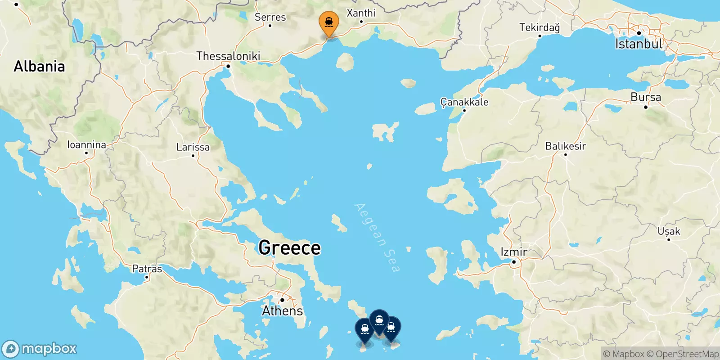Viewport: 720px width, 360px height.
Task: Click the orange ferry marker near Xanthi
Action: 329,22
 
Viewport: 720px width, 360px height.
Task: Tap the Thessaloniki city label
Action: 228,56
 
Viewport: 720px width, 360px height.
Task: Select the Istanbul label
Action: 639,44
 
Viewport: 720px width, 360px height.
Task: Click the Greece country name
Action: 289,248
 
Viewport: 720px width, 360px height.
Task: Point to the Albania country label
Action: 39,67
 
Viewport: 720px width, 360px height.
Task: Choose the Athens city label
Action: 283,310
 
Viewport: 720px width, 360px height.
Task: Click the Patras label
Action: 147,269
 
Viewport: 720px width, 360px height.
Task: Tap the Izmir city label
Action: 514,252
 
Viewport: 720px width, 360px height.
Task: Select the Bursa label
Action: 646,97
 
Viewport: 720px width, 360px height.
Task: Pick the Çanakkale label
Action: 464,102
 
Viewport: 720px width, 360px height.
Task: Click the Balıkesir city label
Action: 565,146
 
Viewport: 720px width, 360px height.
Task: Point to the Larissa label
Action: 193,147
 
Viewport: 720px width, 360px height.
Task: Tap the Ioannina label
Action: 86,145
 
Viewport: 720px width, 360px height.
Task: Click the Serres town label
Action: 270,17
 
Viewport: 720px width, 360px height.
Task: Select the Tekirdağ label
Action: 540,27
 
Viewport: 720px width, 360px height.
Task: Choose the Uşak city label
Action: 669,231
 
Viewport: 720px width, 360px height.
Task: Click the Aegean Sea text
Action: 377,238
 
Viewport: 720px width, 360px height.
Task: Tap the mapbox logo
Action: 40,349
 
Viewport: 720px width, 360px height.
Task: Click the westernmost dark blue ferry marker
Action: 364,329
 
